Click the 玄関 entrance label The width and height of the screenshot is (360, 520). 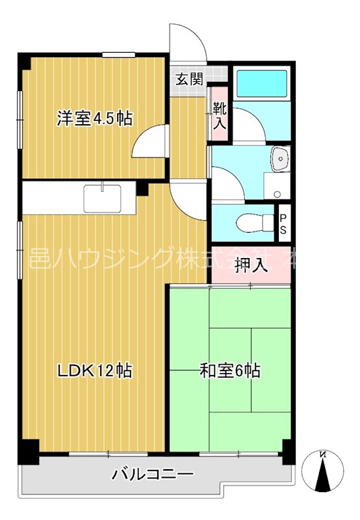coord(189,79)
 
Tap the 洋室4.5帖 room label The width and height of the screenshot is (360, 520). coord(95,118)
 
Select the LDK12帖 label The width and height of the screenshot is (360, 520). coord(95,371)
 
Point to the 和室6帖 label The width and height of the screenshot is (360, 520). coord(230,371)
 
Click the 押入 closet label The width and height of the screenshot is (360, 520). coord(251,265)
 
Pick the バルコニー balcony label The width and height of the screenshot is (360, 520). coord(153,474)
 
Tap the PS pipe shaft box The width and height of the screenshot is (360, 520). coord(283,223)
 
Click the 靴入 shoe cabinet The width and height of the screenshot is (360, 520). coord(219,115)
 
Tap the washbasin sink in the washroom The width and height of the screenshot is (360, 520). coord(279,159)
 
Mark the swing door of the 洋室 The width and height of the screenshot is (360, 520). coord(148,142)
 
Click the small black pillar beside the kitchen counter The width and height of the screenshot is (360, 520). coord(142,189)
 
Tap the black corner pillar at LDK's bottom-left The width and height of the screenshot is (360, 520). coord(27,450)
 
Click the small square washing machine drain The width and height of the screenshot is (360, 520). coord(277,194)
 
